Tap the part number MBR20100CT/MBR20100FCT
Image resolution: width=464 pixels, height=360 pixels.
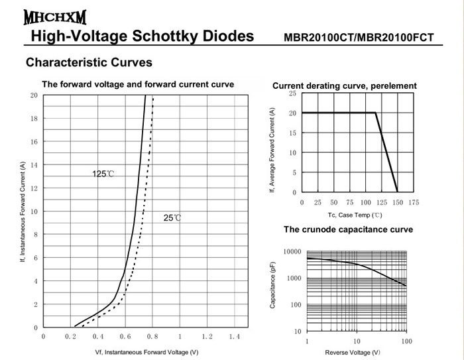pos(359,37)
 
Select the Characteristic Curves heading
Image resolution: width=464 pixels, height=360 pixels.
pos(88,63)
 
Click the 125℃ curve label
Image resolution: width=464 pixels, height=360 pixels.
pos(103,174)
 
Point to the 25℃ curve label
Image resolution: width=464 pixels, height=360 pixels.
pos(172,217)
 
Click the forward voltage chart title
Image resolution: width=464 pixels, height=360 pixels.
pos(139,85)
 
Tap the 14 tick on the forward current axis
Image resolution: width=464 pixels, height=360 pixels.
pos(34,165)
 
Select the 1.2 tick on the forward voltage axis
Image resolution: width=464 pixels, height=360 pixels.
pos(206,337)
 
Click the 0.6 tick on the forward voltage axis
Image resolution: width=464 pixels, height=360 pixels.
pos(125,337)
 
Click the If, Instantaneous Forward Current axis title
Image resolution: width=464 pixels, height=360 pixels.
pos(22,211)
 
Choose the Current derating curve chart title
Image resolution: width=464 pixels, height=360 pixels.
pos(345,86)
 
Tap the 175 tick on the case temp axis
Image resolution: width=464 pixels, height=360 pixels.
pos(414,202)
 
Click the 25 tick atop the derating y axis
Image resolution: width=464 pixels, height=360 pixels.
pos(293,94)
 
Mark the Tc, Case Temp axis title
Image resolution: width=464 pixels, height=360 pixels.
pos(355,215)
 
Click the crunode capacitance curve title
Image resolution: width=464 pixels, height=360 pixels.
pos(348,229)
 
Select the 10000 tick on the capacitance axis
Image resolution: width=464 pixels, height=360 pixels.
pos(292,252)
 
